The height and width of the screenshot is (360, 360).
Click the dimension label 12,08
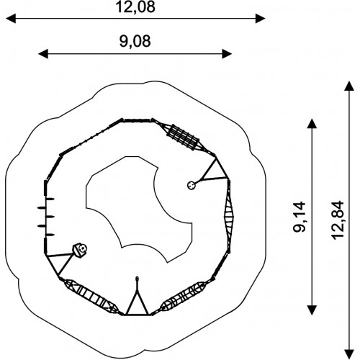point(135,7)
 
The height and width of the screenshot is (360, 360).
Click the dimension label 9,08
point(135,41)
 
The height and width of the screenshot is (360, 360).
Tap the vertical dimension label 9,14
point(300,217)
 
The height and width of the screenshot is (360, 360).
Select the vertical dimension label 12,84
point(338,220)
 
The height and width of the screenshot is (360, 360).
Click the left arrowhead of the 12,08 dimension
point(11,19)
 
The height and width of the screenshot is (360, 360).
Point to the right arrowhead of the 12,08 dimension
point(260,19)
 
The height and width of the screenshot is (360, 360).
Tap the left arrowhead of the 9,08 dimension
point(43,54)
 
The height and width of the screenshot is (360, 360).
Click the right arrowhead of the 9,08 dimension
point(227,54)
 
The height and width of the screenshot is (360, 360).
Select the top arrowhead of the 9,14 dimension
point(312,124)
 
